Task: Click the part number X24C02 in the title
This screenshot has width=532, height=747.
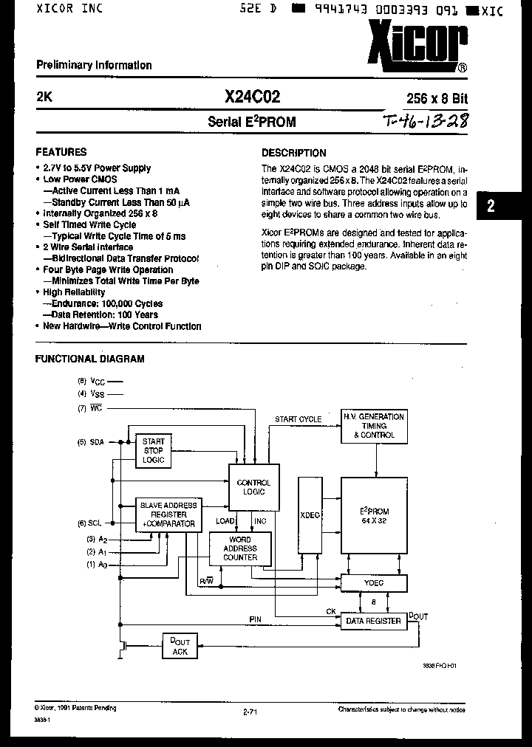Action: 251,97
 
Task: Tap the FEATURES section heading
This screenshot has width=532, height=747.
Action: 61,152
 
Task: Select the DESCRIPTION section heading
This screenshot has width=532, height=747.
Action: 294,153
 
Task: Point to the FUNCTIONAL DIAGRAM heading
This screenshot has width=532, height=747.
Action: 90,359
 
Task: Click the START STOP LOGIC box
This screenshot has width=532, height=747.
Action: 154,450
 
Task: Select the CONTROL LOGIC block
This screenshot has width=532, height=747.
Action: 253,487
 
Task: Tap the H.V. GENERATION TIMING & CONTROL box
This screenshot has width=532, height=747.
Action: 374,426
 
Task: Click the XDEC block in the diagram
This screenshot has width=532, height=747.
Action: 310,514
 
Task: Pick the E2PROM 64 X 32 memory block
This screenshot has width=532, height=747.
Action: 374,514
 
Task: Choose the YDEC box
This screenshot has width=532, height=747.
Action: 374,584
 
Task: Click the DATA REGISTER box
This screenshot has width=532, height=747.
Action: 374,621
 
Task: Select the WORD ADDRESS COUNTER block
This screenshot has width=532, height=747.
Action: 239,548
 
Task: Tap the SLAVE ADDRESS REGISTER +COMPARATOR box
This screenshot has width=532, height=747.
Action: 168,514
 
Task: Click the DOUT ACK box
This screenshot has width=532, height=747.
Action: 180,646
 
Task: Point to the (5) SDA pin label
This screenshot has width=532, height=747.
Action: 92,442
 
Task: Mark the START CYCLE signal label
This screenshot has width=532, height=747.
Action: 298,419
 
